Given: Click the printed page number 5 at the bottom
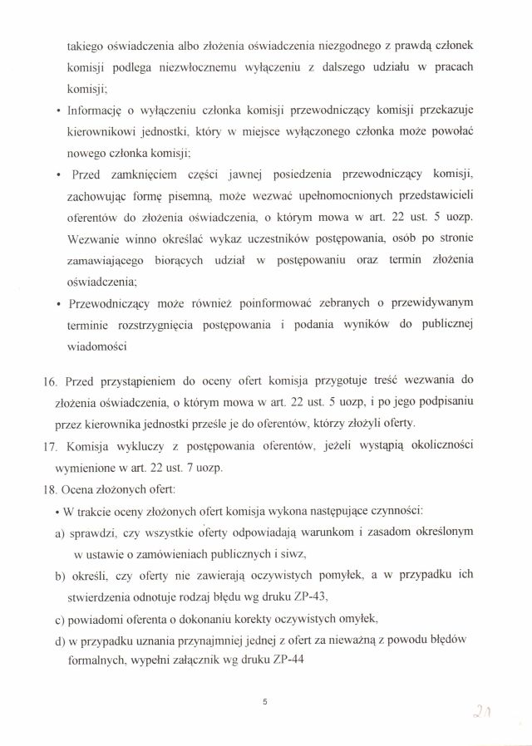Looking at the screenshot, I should coord(264,702).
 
